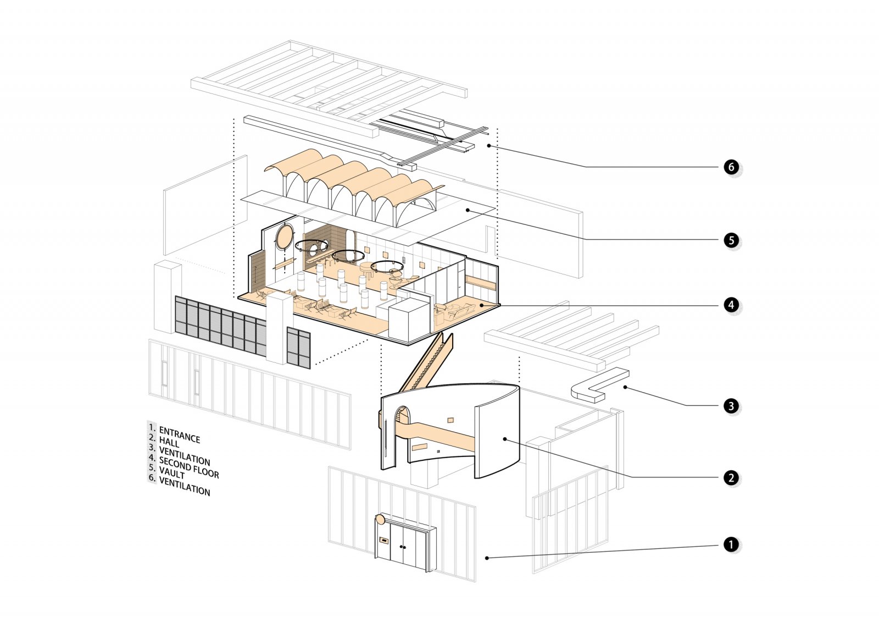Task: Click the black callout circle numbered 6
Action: [731, 167]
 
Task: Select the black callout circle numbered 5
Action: [731, 240]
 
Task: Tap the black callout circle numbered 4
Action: [731, 305]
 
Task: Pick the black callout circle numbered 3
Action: [731, 406]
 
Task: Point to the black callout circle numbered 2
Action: [731, 478]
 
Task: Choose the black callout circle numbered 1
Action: [731, 545]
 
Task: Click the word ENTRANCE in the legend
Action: [179, 435]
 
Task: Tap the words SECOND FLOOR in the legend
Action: [189, 466]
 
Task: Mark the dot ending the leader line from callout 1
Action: [487, 558]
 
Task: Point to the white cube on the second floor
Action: [408, 320]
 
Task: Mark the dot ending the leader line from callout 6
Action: [489, 146]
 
